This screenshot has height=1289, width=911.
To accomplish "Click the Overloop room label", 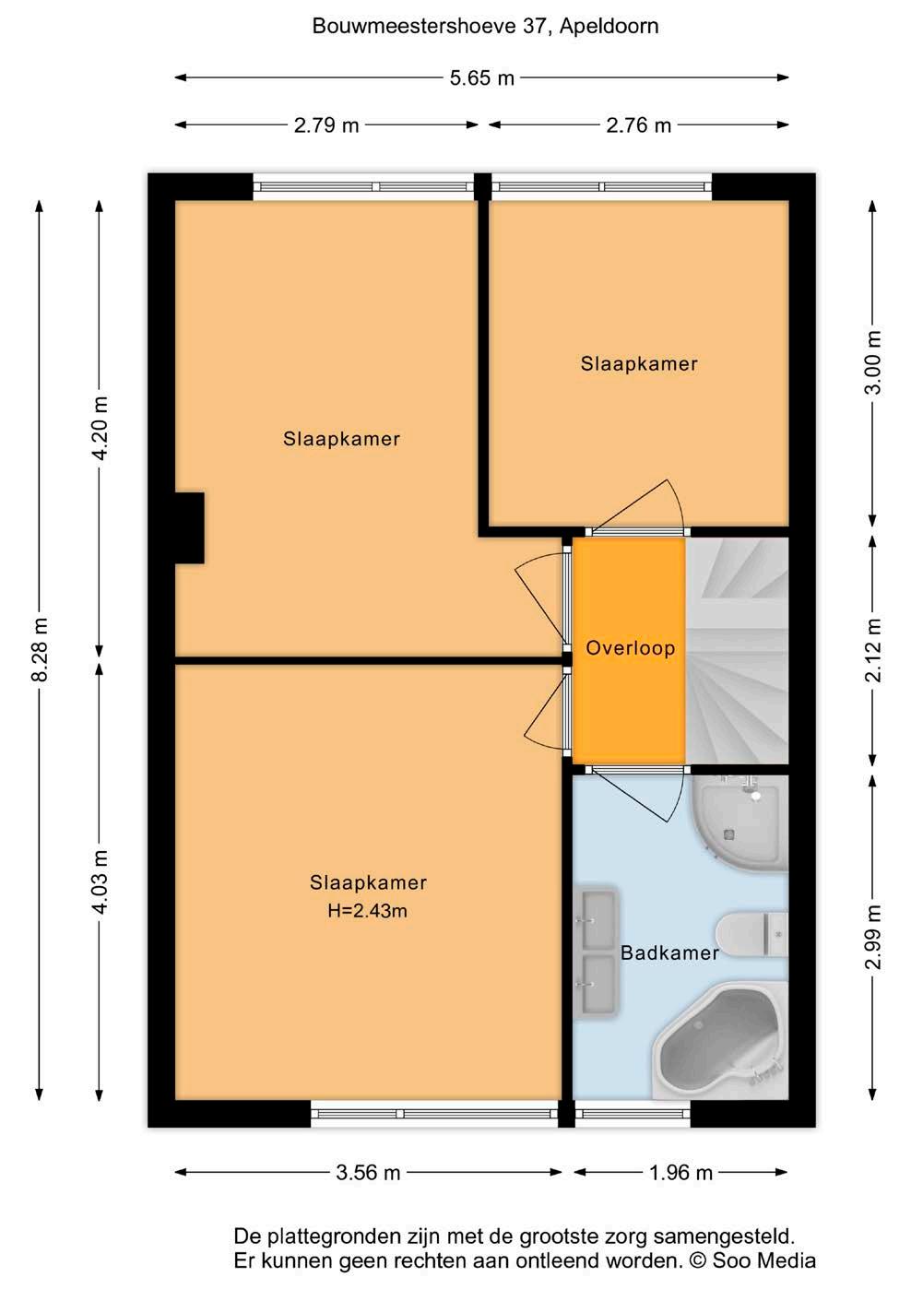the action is coord(630,648).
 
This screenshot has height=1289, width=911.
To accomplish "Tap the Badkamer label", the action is coord(669,953).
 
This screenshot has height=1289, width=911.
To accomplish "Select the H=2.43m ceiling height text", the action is coord(367,910).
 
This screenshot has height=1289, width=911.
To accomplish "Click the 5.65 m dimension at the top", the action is coord(481,77).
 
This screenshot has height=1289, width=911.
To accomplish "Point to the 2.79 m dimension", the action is coord(326,124).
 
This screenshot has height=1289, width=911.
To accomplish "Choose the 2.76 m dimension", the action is coord(638,124).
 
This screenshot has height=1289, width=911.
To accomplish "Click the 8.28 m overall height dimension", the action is coord(40,649).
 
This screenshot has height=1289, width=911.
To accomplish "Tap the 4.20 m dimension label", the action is coord(100,428).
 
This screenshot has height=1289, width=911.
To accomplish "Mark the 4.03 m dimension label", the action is coord(100,881).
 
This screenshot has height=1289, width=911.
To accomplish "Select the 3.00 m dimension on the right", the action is coord(873,362).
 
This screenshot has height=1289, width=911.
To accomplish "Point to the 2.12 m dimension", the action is coord(873,650).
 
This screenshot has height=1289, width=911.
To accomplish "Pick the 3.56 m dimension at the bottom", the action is coord(368,1172).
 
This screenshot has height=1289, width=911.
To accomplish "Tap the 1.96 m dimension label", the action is coord(680,1172).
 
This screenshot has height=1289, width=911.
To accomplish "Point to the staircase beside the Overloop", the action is coord(738,650).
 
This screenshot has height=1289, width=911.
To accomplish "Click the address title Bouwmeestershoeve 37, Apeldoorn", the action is coord(485,27).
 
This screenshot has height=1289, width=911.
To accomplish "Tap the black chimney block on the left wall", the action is coord(190,527).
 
